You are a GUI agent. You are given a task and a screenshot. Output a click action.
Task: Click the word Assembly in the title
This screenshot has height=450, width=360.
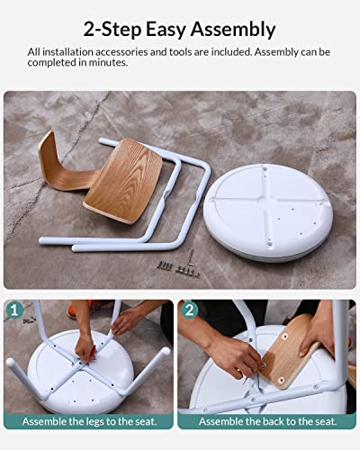(x=233, y=30)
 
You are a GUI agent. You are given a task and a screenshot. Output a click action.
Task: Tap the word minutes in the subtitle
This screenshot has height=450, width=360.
(x=112, y=62)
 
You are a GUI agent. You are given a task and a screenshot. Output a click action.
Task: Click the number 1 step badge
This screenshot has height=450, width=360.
(x=14, y=310)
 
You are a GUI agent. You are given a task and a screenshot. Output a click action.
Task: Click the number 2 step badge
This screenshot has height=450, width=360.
(x=189, y=310)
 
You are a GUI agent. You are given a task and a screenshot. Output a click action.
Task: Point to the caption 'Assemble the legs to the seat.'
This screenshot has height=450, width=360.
(x=89, y=421)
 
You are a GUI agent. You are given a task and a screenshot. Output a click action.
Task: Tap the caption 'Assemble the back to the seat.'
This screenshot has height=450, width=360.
(x=268, y=421)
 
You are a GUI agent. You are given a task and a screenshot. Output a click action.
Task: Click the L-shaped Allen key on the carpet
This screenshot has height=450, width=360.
(x=191, y=258)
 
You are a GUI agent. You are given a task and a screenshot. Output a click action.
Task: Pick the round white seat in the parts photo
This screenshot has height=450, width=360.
(x=268, y=212)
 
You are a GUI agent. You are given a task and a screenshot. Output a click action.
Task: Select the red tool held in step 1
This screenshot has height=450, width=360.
(x=94, y=353)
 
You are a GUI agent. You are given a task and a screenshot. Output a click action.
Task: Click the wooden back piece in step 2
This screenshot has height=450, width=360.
(x=287, y=352)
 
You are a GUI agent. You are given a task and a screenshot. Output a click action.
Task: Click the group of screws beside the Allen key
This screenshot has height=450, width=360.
(x=178, y=268)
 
